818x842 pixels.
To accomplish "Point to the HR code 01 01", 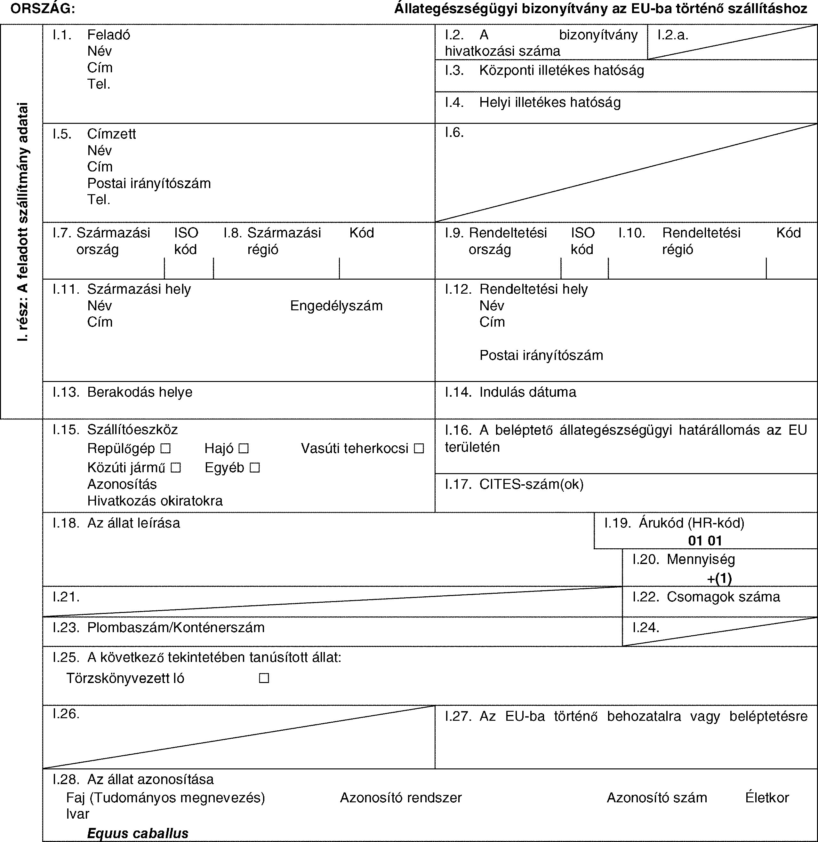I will (705, 540).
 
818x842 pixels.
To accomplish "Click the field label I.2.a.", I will (673, 35).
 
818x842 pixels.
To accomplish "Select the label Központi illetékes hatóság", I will (561, 70).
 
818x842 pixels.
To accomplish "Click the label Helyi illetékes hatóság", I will (550, 102).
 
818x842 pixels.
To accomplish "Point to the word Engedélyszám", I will (336, 306).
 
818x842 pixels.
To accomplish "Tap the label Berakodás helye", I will (140, 392).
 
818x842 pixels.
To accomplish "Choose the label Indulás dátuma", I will (527, 392).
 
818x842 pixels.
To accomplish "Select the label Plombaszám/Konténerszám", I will (176, 628).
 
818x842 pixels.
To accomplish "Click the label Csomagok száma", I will (723, 597).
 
